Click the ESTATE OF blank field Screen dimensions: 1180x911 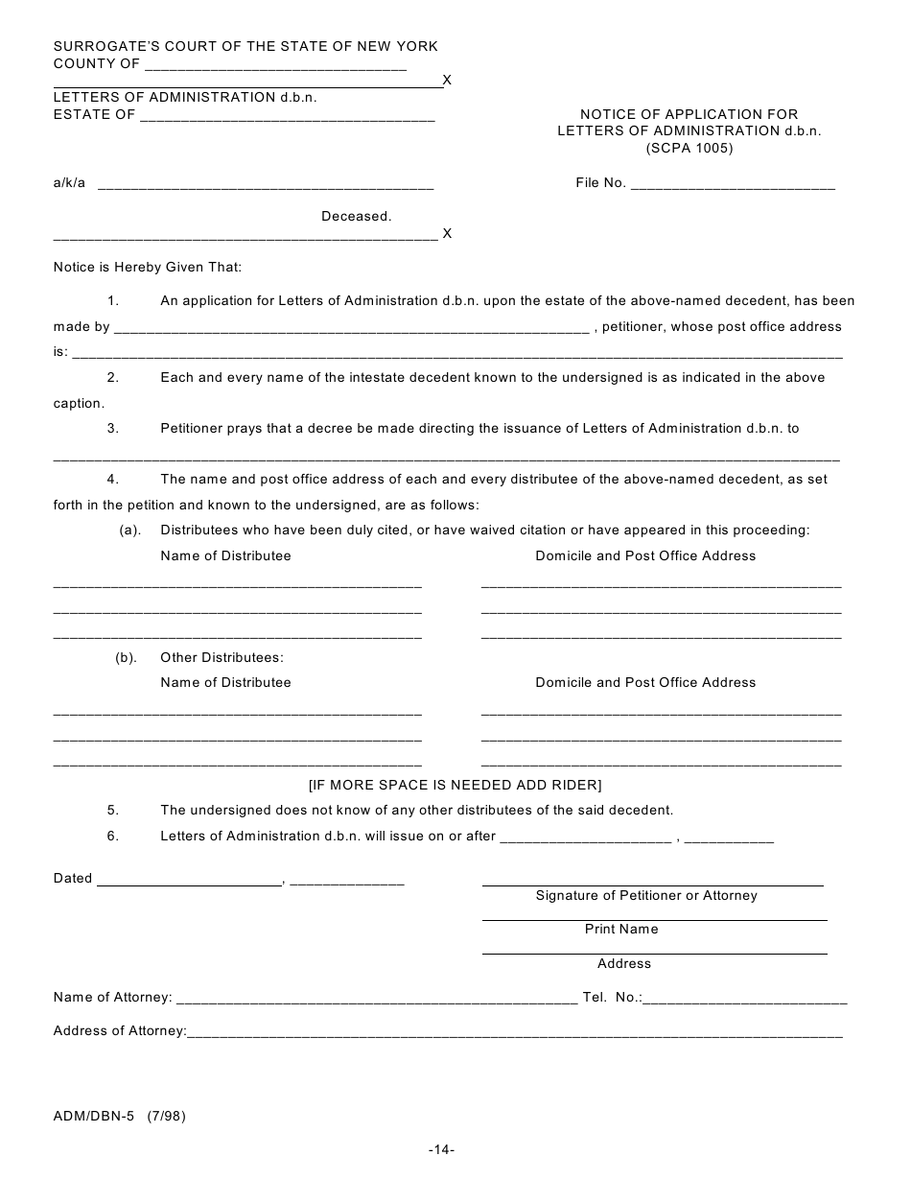pyautogui.click(x=288, y=117)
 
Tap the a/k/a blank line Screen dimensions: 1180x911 pyautogui.click(x=266, y=185)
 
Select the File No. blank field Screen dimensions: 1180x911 pyautogui.click(x=733, y=185)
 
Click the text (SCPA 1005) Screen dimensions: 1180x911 pyautogui.click(x=689, y=149)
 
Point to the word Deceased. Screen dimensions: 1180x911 pyautogui.click(x=356, y=217)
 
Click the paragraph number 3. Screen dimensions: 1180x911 pyautogui.click(x=113, y=429)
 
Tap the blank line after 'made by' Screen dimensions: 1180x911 pyautogui.click(x=351, y=329)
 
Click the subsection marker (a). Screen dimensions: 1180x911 pyautogui.click(x=129, y=531)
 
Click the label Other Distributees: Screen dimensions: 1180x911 pyautogui.click(x=222, y=658)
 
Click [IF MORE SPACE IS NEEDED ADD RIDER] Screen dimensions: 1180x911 pyautogui.click(x=455, y=785)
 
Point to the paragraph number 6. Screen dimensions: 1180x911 pyautogui.click(x=113, y=837)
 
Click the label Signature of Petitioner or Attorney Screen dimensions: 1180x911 pyautogui.click(x=645, y=896)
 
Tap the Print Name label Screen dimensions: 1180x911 pyautogui.click(x=621, y=930)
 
